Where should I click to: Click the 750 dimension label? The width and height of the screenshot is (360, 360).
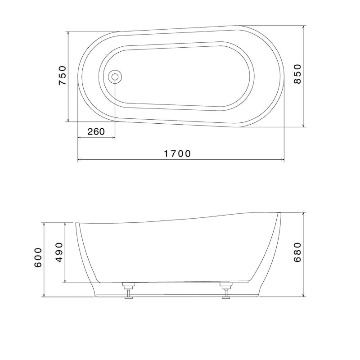click(63, 76)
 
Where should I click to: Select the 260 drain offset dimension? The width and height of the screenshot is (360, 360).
click(96, 131)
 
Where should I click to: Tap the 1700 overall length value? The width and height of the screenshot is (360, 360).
click(177, 153)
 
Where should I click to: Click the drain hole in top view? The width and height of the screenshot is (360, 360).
click(115, 77)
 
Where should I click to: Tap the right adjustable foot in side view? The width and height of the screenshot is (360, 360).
click(226, 289)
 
